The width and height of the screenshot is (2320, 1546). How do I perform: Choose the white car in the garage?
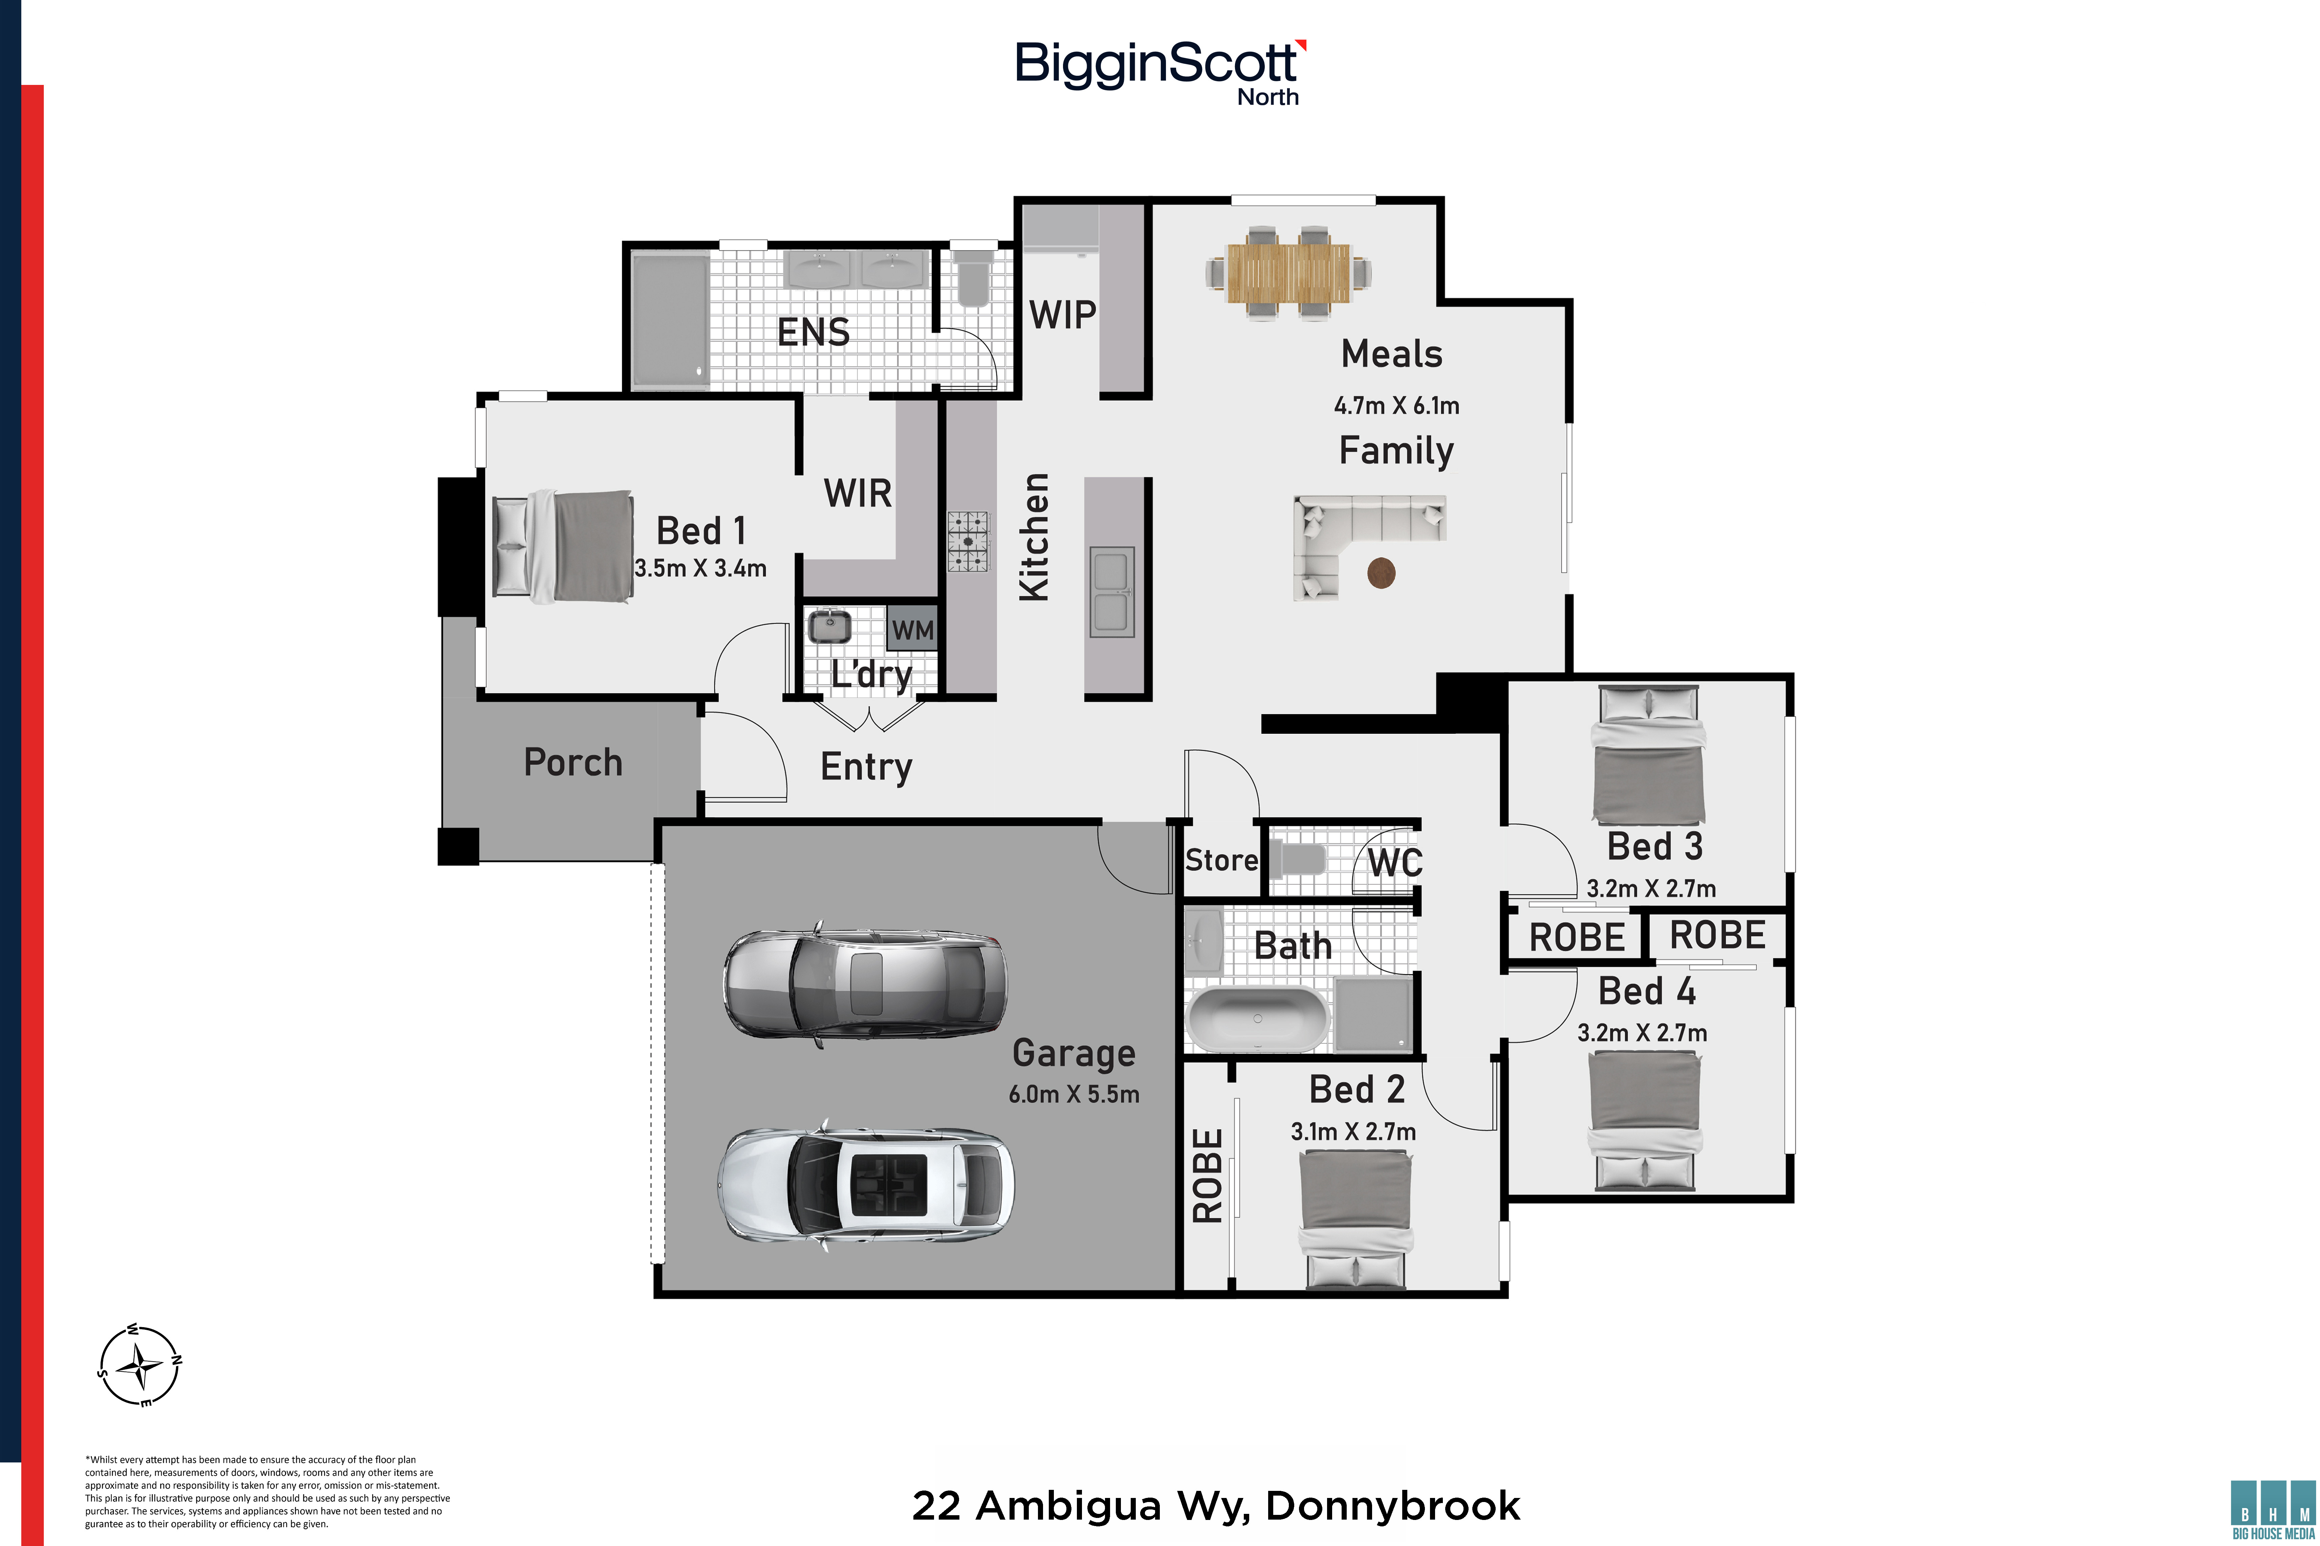point(865,1182)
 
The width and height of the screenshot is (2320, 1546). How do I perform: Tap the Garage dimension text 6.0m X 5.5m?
point(1073,1094)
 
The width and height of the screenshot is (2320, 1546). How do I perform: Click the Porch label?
point(573,762)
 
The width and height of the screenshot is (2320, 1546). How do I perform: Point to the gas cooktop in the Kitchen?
point(968,541)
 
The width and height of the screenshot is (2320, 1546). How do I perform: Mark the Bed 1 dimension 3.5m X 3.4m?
point(700,568)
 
